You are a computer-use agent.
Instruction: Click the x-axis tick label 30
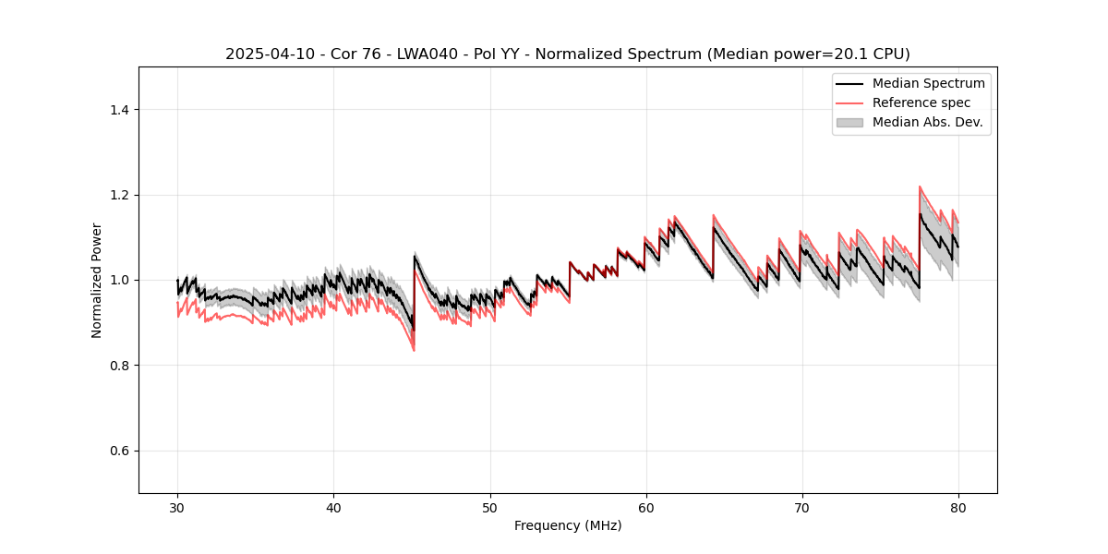(x=177, y=508)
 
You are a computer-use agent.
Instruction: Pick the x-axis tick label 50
(x=490, y=508)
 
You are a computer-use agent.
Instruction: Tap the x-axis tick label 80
(x=958, y=508)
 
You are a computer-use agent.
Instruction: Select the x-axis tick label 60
(x=646, y=508)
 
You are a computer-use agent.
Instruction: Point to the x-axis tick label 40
(x=333, y=508)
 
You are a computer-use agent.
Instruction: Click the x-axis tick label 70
(x=802, y=508)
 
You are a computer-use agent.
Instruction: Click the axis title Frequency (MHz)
(x=568, y=525)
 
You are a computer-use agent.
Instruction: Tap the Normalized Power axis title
(x=97, y=280)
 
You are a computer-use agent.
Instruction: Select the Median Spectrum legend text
(x=929, y=83)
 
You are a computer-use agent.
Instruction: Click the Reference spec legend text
(x=921, y=102)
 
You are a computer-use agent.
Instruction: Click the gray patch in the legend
(x=849, y=122)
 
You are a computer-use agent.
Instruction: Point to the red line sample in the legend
(x=849, y=102)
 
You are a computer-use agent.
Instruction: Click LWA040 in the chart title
(x=415, y=54)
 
